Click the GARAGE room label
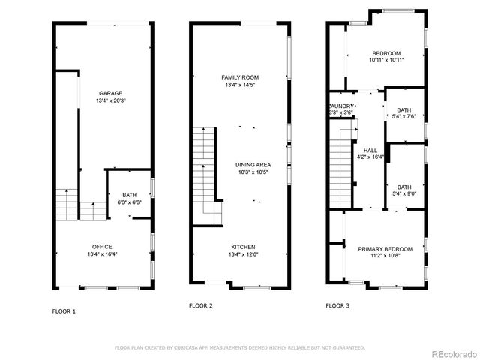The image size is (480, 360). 110,93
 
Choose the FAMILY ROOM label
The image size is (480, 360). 240,77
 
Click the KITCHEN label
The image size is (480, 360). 242,247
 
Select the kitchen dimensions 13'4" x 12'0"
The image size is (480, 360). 242,254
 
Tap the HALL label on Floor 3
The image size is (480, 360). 370,150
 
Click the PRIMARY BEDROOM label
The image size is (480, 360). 385,248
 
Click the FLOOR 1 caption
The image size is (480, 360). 64,310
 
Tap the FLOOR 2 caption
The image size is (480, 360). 200,305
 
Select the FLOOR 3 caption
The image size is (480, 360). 337,305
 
